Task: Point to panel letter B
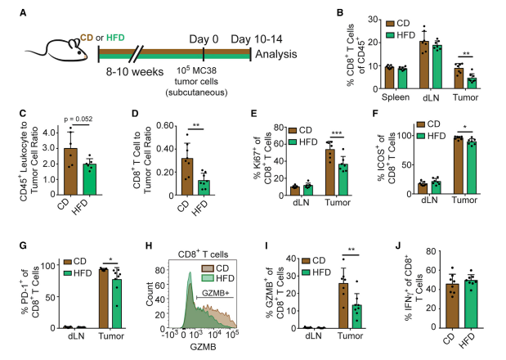(348, 11)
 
